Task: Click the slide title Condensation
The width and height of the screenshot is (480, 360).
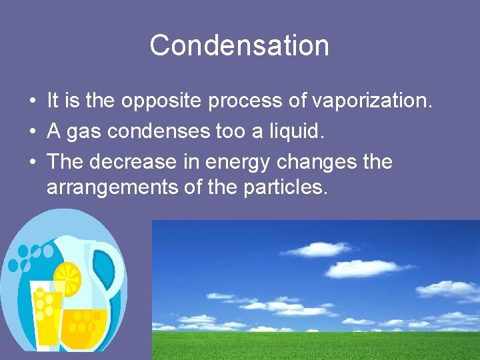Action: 239,45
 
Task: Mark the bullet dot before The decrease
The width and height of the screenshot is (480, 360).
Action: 32,163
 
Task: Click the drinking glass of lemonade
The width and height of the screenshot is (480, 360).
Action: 46,313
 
